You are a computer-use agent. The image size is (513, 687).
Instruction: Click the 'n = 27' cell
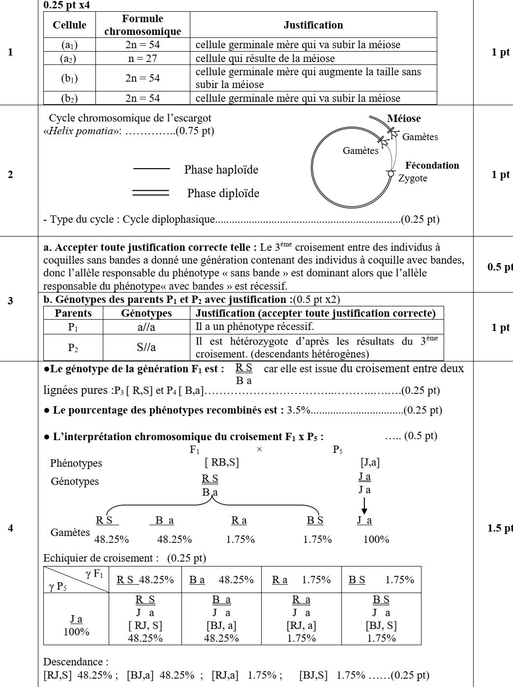coord(143,59)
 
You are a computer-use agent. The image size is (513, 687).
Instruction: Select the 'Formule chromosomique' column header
coord(143,25)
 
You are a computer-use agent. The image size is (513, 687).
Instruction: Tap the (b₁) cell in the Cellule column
coord(69,78)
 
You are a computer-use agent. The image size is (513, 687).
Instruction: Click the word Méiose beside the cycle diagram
coord(404,119)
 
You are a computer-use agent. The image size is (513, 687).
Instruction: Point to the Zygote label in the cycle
coord(413,179)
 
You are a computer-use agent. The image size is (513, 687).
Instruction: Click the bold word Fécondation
coord(432,166)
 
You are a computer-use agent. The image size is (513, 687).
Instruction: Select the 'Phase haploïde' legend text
coord(221,170)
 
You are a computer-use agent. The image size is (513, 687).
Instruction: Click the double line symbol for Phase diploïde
coord(151,193)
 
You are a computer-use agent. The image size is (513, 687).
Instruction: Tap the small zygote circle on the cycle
coord(391,173)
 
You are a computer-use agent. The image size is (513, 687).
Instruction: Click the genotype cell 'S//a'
coord(146,348)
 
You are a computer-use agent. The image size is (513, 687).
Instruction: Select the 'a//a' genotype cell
coord(146,327)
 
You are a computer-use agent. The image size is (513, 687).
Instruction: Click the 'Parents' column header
coord(73,313)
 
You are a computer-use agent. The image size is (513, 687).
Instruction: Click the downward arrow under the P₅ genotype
coord(364,506)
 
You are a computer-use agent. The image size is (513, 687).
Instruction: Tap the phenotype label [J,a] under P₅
coord(370,463)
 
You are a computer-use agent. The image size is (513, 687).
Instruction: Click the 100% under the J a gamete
coord(376,539)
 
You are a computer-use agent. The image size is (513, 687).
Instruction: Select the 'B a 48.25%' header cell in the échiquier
coord(221,580)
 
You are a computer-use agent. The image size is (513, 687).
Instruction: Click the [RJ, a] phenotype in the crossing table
coord(301,626)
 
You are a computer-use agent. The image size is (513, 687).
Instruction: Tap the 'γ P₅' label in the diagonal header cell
coord(58,587)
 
